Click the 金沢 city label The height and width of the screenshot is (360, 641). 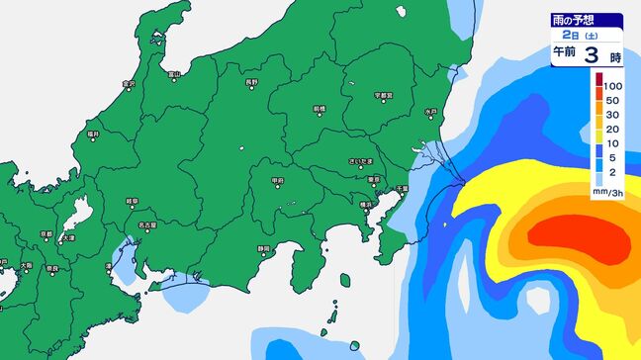(x=128, y=83)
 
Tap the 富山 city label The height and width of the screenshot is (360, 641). (x=174, y=73)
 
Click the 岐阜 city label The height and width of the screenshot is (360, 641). (x=132, y=201)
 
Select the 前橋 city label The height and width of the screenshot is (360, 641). (x=319, y=108)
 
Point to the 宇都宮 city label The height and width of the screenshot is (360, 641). (x=385, y=95)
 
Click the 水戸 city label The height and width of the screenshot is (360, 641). (x=430, y=112)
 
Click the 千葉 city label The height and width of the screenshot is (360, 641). (x=403, y=188)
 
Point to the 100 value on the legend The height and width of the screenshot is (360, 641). (x=614, y=86)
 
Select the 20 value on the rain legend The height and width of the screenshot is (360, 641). (x=612, y=129)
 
